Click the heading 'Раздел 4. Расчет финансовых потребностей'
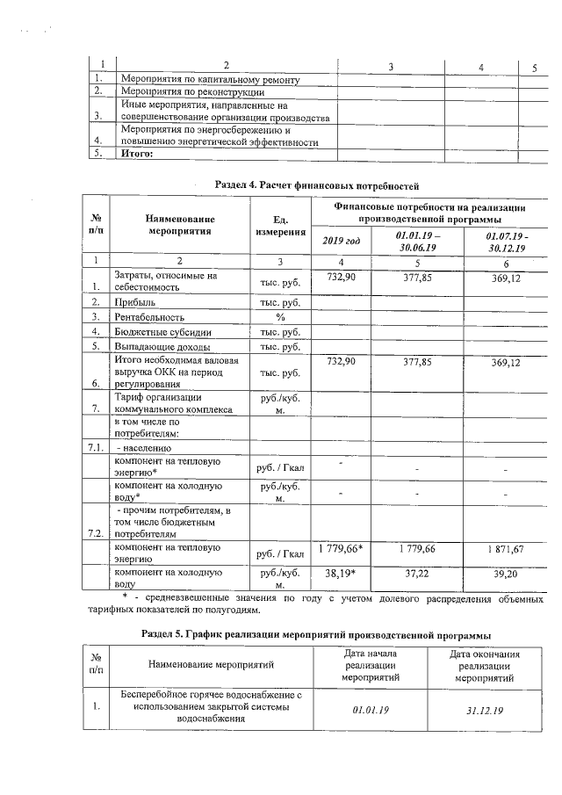coord(311,184)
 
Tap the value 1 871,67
coord(505,549)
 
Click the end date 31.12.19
coord(484,707)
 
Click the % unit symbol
coord(280,316)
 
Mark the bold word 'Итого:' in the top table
coord(137,154)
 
